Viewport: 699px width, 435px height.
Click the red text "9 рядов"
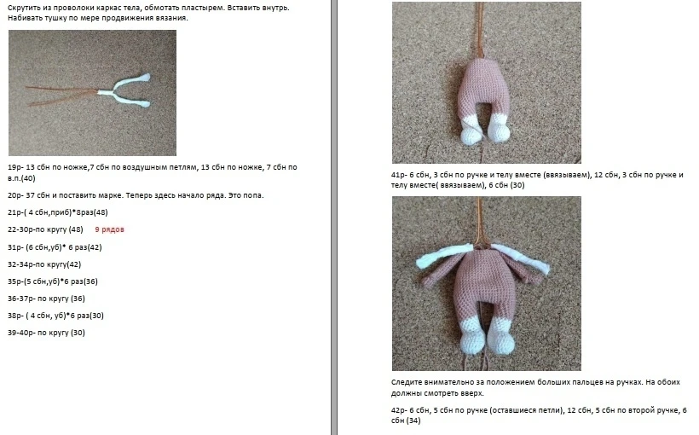(109, 229)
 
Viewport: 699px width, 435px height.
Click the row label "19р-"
(15, 167)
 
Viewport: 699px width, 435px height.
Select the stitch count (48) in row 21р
(100, 212)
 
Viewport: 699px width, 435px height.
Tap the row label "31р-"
(15, 247)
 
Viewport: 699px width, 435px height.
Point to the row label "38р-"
(15, 316)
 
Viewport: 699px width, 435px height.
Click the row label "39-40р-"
(21, 333)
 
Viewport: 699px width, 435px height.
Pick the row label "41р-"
(399, 175)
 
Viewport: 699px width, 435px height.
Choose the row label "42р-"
(399, 410)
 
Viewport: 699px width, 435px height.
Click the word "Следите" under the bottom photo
(406, 382)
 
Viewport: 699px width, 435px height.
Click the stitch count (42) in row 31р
(94, 247)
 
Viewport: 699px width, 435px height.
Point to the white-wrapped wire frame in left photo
(123, 91)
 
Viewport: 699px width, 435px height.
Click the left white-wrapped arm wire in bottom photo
(443, 256)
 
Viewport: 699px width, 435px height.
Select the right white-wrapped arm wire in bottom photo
(522, 258)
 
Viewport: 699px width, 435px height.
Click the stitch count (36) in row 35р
(90, 281)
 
